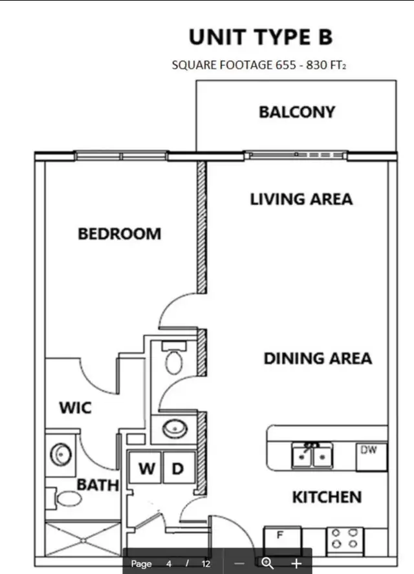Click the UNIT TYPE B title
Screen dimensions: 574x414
pos(260,37)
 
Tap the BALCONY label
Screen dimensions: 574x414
pos(297,112)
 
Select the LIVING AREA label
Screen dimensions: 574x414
pos(301,198)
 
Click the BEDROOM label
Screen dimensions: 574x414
pos(119,233)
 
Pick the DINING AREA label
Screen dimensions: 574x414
pos(317,358)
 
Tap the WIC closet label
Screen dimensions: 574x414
pos(75,408)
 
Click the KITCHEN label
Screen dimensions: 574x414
pos(326,497)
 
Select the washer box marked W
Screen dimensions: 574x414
pos(147,469)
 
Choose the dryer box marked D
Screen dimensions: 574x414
pos(178,469)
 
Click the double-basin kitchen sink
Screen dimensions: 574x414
pos(311,455)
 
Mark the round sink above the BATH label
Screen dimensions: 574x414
pos(60,454)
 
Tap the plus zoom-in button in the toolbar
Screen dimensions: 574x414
pos(296,563)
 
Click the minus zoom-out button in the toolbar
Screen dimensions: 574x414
pos(239,563)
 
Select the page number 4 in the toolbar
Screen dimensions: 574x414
pos(169,563)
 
